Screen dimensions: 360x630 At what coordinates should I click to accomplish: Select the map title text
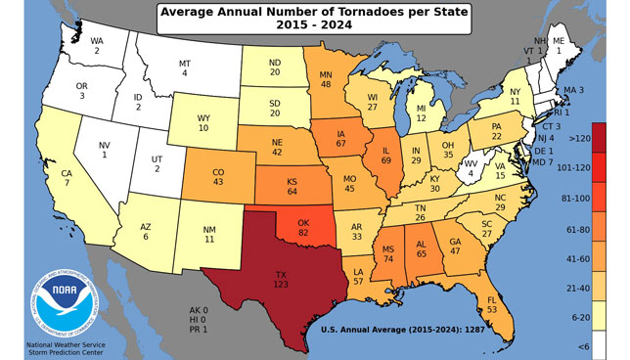pyautogui.click(x=315, y=21)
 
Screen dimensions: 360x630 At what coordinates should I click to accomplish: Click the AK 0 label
pyautogui.click(x=202, y=310)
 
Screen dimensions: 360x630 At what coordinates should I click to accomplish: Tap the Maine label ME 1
pyautogui.click(x=559, y=45)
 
